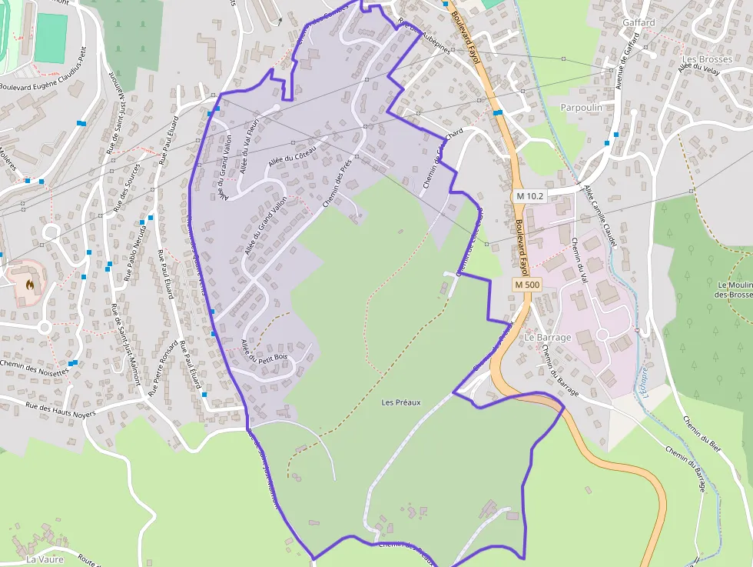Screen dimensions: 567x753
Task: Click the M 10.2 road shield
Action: click(x=530, y=196)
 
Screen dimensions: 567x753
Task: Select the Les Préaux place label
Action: click(x=401, y=402)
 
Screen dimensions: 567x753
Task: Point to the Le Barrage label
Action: click(x=548, y=338)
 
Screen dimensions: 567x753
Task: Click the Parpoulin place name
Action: click(x=582, y=108)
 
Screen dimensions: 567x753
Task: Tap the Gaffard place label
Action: click(x=639, y=22)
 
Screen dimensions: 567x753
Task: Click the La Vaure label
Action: click(x=45, y=559)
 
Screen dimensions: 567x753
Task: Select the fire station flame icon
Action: click(x=29, y=284)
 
